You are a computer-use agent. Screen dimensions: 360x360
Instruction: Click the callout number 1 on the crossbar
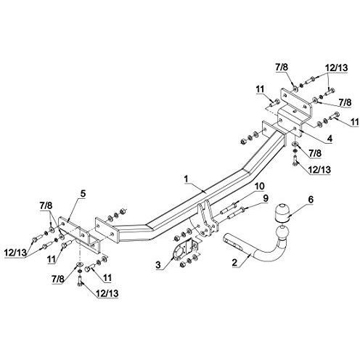pyautogui.click(x=186, y=179)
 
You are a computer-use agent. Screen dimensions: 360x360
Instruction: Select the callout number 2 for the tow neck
pyautogui.click(x=234, y=263)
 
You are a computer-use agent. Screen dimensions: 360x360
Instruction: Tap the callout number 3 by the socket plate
pyautogui.click(x=158, y=265)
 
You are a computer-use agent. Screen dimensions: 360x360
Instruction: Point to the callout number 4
pyautogui.click(x=330, y=139)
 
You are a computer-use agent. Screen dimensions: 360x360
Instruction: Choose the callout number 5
pyautogui.click(x=83, y=194)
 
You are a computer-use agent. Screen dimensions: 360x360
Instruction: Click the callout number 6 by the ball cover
pyautogui.click(x=311, y=200)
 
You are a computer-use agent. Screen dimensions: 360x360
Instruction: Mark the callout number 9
pyautogui.click(x=266, y=198)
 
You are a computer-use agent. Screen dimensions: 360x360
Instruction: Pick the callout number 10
pyautogui.click(x=259, y=186)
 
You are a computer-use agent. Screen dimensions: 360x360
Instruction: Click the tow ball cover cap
pyautogui.click(x=281, y=213)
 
